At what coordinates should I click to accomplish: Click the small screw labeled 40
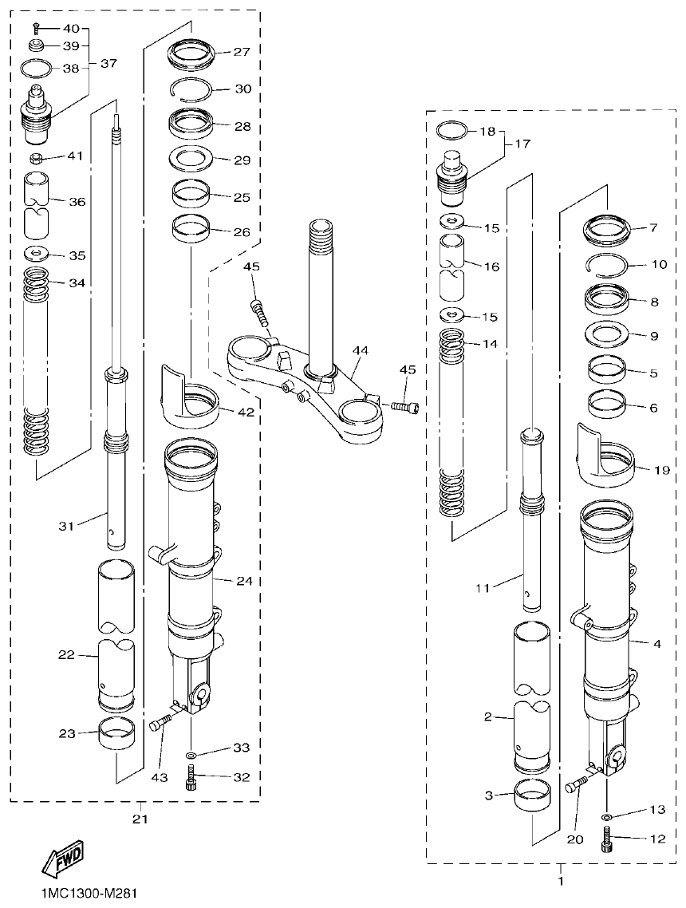pos(37,29)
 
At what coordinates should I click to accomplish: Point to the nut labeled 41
pos(36,156)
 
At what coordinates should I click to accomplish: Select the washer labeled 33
pos(191,754)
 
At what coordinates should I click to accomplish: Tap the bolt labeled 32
pos(191,776)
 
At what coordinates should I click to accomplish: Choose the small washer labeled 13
pos(607,818)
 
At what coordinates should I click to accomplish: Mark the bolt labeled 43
pos(160,724)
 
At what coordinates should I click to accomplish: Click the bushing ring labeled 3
pos(532,796)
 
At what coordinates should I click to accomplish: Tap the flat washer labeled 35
pos(36,255)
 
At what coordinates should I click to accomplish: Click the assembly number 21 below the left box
pos(140,819)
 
